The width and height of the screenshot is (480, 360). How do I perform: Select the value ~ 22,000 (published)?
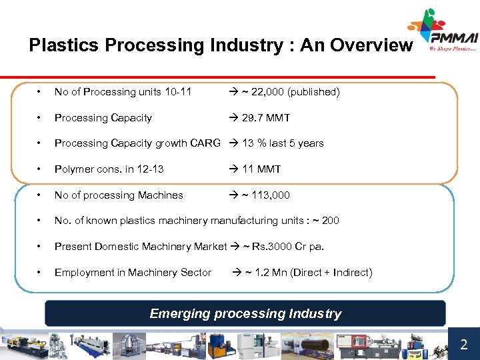[289, 92]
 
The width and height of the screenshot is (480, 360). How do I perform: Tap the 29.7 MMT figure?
[266, 118]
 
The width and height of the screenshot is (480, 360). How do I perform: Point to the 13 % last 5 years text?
[283, 143]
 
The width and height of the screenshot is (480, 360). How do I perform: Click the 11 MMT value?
[261, 169]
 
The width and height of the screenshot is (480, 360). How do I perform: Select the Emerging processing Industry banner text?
[245, 313]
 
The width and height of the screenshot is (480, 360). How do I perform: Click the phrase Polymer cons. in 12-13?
[109, 169]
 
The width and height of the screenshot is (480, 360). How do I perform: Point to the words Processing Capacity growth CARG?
[137, 143]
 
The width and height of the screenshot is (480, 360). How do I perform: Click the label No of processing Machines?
[119, 195]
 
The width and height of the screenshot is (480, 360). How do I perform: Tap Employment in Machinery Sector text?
[133, 272]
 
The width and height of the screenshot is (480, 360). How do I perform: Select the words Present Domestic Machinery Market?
[141, 247]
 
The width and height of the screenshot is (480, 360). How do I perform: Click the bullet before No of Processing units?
[41, 92]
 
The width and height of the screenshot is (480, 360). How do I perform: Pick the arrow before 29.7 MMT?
[233, 118]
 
